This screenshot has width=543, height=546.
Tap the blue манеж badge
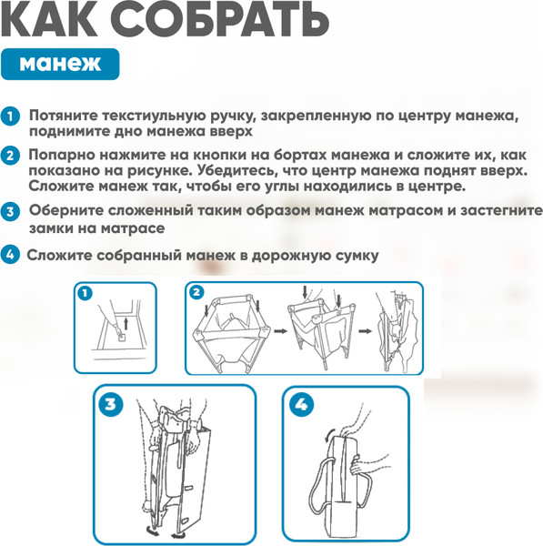[x=60, y=64]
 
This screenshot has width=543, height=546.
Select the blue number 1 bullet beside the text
[x=10, y=116]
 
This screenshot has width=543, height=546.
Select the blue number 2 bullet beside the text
[x=10, y=156]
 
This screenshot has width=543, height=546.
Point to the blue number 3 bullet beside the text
[x=10, y=211]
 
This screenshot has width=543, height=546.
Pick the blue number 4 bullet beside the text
[x=10, y=255]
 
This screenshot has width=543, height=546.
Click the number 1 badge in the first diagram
[x=85, y=293]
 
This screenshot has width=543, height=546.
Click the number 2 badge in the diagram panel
[x=196, y=292]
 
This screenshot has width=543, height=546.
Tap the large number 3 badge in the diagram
[x=110, y=404]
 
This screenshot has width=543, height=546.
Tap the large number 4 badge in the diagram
[x=301, y=405]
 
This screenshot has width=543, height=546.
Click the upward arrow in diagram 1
[x=126, y=323]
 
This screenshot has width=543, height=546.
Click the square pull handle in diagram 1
[x=121, y=338]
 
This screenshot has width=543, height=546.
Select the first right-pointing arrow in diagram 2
[x=280, y=331]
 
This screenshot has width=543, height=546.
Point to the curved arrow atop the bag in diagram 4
[x=327, y=435]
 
